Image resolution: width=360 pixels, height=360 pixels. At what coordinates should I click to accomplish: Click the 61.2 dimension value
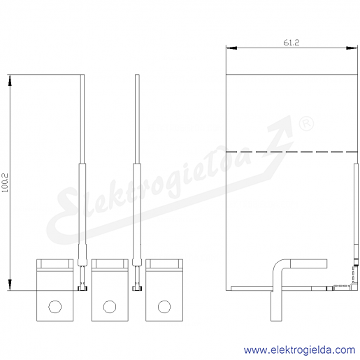[x=291, y=43]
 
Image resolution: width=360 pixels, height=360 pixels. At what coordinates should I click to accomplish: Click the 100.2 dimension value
[x=5, y=182]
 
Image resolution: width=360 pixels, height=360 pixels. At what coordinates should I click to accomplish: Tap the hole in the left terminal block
[x=55, y=307]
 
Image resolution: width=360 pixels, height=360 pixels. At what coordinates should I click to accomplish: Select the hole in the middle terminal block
[x=110, y=307]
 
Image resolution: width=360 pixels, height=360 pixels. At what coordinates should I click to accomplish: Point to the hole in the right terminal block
[x=164, y=307]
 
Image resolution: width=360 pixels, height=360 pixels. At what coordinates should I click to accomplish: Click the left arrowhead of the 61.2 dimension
[x=231, y=48]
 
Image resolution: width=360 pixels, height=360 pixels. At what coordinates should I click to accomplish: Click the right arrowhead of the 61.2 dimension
[x=352, y=48]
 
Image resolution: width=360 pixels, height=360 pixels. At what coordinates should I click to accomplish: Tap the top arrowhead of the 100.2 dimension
[x=10, y=80]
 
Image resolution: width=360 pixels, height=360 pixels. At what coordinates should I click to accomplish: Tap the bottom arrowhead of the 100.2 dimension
[x=10, y=285]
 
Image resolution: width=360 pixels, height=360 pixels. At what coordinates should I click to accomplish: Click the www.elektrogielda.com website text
[x=300, y=350]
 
